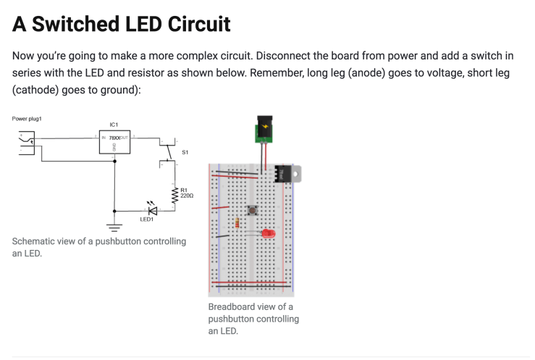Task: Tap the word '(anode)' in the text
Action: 359,74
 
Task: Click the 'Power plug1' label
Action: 28,118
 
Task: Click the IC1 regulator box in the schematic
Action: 114,142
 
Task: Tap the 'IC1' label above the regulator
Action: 114,125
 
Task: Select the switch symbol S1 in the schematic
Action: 167,152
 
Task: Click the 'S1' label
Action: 185,152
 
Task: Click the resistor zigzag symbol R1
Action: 174,194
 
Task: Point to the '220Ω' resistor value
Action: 186,196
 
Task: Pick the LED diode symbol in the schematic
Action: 152,210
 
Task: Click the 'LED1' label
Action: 146,219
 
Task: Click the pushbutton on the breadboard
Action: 252,211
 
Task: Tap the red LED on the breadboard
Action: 268,234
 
